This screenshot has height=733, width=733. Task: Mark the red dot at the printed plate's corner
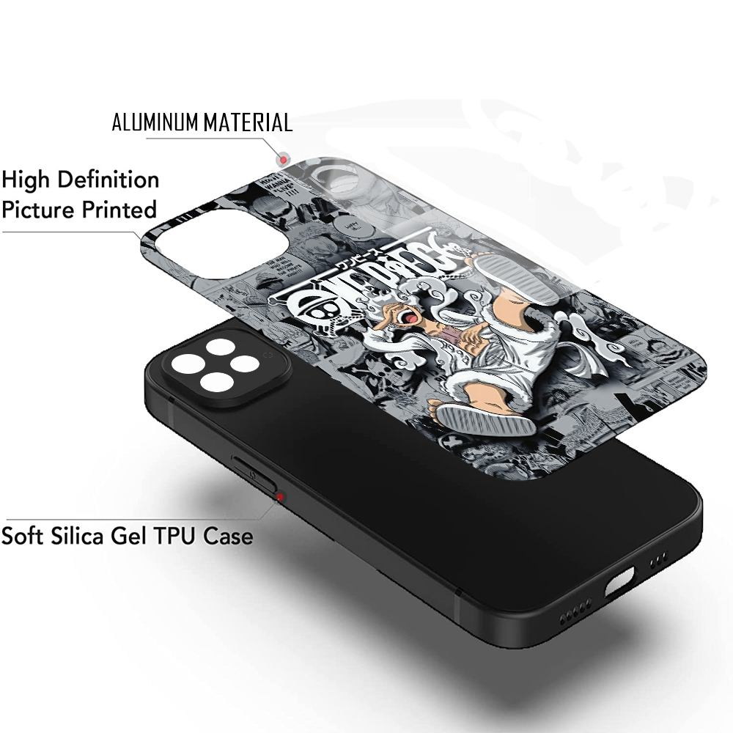(x=281, y=159)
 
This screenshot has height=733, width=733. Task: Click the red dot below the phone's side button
(x=279, y=497)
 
